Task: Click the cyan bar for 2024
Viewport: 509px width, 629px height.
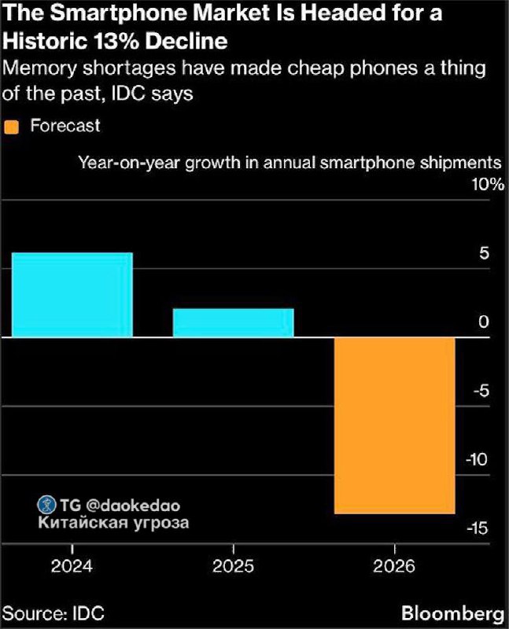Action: click(x=72, y=295)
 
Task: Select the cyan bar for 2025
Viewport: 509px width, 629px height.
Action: click(x=233, y=322)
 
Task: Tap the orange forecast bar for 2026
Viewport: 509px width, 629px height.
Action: click(x=394, y=425)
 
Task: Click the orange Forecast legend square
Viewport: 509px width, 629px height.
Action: click(x=11, y=126)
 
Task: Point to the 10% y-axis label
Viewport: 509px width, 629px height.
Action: click(x=487, y=186)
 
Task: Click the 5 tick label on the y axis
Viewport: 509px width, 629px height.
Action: click(x=483, y=254)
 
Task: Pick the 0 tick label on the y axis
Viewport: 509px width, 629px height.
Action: click(x=483, y=322)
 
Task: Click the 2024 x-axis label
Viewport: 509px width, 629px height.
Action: click(x=72, y=566)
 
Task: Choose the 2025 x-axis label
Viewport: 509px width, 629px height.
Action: click(x=233, y=566)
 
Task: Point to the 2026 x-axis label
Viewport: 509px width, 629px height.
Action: click(x=394, y=566)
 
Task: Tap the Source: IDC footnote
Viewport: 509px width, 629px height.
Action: click(x=53, y=613)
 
